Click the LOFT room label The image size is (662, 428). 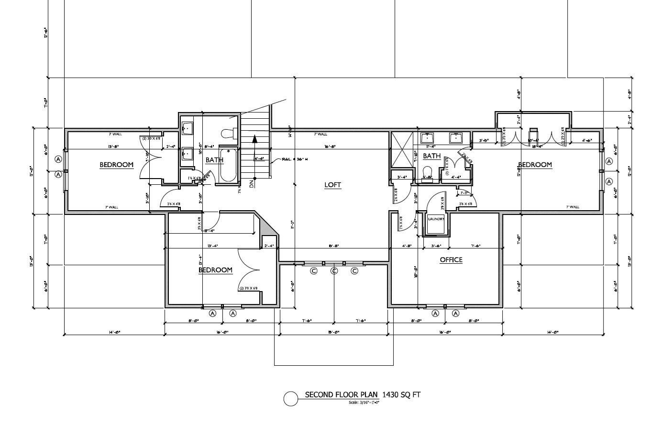(x=332, y=185)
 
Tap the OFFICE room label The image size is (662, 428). (x=451, y=259)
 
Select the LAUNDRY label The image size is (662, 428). (x=436, y=219)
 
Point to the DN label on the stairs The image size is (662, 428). (x=252, y=182)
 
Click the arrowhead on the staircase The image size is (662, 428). (x=255, y=139)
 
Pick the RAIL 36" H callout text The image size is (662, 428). (x=295, y=159)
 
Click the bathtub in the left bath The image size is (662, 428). (x=228, y=165)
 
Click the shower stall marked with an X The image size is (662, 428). (x=402, y=150)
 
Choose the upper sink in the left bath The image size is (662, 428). (x=188, y=128)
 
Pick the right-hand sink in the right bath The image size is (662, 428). (x=455, y=138)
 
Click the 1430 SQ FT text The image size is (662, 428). (x=401, y=395)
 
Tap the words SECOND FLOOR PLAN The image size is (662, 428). (x=342, y=395)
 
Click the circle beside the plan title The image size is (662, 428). (x=291, y=399)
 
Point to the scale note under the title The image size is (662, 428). (x=364, y=403)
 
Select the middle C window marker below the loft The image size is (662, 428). (x=334, y=271)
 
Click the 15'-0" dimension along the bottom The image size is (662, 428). (x=333, y=332)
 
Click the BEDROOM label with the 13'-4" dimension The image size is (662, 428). (x=215, y=270)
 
